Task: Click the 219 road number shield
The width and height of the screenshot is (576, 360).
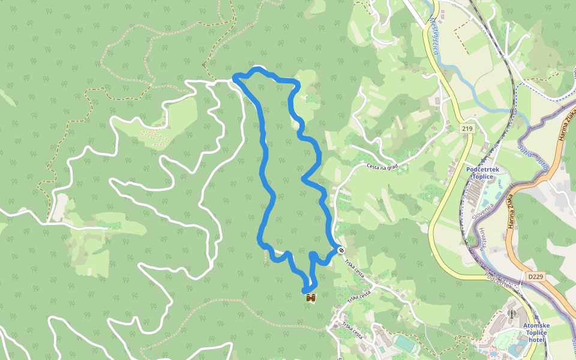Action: pos(467,129)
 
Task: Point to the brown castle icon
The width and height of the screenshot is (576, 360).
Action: pos(311,297)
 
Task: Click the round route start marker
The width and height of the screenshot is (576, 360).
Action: pos(341,250)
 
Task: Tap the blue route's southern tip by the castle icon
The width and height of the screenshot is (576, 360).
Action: pos(305,292)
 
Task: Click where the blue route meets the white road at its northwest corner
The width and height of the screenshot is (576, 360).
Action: pos(235,79)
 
